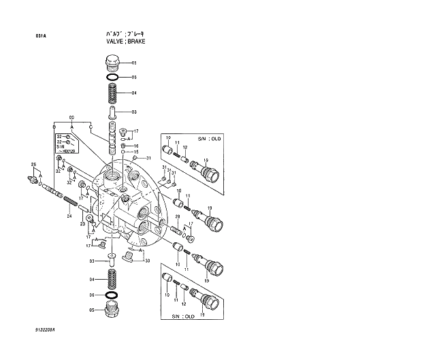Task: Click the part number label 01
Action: [x=134, y=63]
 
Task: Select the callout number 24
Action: [x=69, y=216]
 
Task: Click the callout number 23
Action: [x=83, y=223]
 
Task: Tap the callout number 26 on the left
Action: [x=33, y=165]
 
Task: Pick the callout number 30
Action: [x=146, y=260]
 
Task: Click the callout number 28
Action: [x=178, y=217]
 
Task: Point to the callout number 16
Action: [x=135, y=146]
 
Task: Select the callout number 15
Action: [x=135, y=152]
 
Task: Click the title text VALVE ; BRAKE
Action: [x=126, y=42]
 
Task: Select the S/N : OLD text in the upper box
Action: [x=210, y=138]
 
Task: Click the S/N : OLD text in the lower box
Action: [x=182, y=316]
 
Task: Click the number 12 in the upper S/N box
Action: [x=185, y=148]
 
